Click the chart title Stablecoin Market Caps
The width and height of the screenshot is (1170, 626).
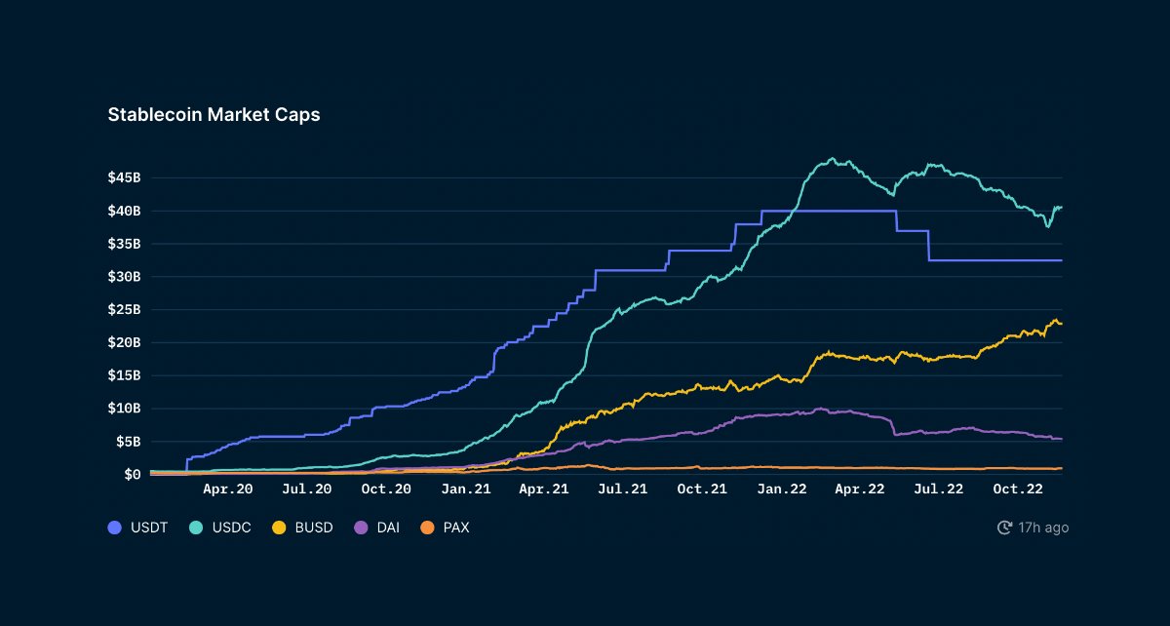(x=214, y=114)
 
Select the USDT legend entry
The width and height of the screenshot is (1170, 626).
(x=137, y=528)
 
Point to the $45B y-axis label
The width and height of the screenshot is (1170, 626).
(x=124, y=177)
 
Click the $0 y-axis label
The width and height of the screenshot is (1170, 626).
(x=132, y=475)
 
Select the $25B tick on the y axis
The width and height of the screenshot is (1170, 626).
(x=124, y=309)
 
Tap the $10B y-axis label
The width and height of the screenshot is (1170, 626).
(x=124, y=409)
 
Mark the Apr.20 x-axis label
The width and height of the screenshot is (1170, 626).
(x=228, y=489)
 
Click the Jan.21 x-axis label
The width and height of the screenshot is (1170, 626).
(x=465, y=489)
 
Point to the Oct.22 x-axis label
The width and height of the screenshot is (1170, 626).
(x=1018, y=489)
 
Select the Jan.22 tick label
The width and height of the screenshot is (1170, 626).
(x=781, y=489)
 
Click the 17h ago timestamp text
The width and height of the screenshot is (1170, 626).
(x=1043, y=528)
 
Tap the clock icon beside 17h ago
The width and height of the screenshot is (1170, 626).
(x=1004, y=528)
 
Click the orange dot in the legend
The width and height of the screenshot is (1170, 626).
(x=426, y=528)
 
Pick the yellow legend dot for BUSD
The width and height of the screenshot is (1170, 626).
(x=279, y=528)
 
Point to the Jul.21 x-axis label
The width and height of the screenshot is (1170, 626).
(x=623, y=489)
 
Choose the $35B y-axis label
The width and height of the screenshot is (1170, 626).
(x=124, y=244)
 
